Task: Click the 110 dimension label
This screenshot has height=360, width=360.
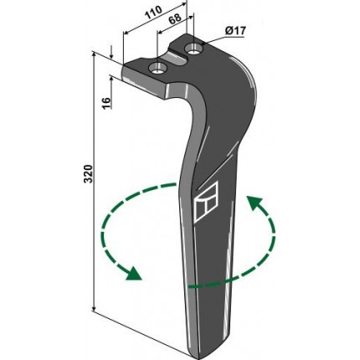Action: point(153,13)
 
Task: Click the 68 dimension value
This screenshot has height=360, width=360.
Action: point(175,19)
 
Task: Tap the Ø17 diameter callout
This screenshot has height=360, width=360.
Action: point(236,31)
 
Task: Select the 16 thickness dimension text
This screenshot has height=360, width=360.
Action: point(107,103)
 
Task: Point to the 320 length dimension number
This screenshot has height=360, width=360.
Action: point(88,174)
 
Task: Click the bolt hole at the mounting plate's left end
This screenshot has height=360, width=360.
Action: point(158,69)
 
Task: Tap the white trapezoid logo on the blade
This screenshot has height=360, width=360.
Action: point(205,202)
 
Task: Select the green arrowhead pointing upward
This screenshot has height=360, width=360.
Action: point(254,203)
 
